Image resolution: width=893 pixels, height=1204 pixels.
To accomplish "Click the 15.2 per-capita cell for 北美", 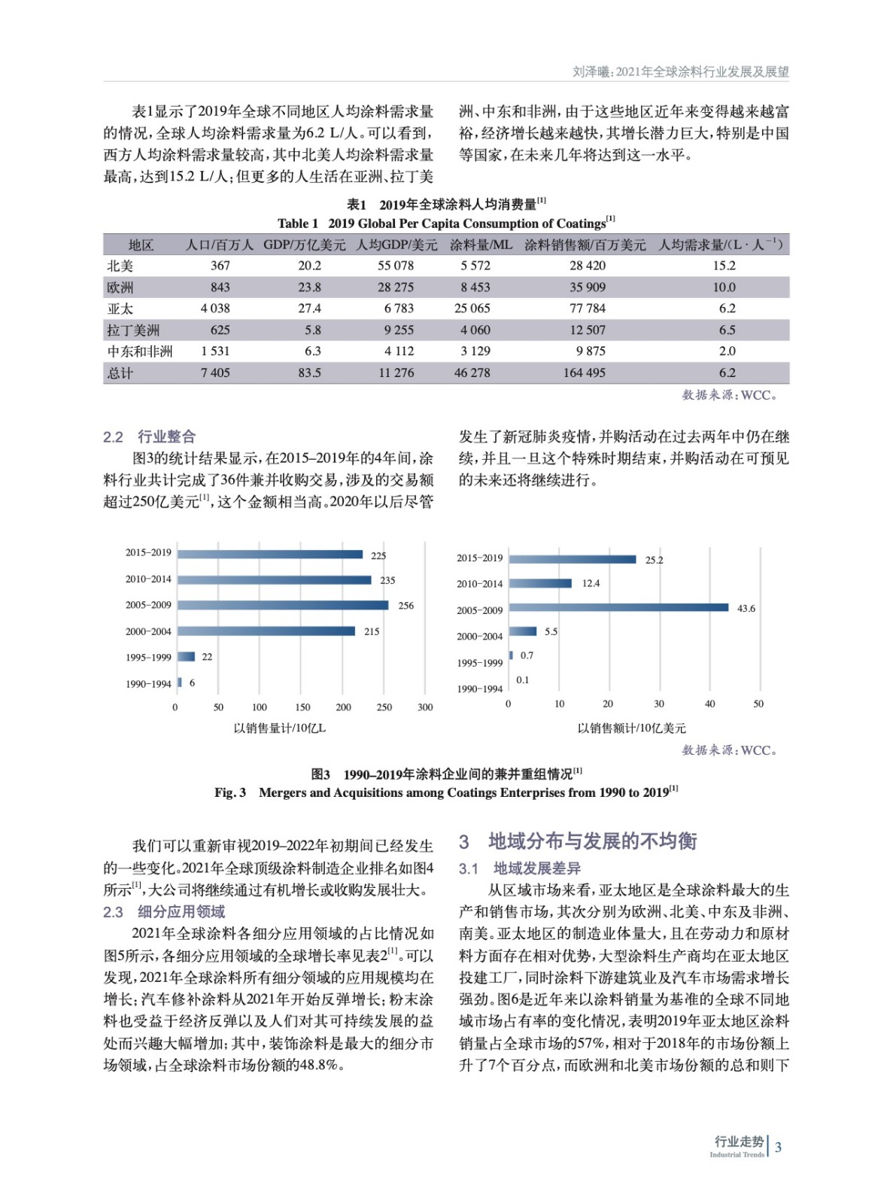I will point(724,266).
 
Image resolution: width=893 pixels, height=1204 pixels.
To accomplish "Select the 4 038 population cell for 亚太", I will point(215,309).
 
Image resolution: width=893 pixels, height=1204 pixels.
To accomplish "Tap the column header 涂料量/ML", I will point(481,245).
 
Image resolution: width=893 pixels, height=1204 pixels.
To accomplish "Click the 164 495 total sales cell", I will point(584,372).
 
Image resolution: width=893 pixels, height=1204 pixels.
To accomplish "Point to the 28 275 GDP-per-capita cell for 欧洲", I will point(396,287).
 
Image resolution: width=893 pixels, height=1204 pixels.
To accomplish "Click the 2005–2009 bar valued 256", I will point(283,605).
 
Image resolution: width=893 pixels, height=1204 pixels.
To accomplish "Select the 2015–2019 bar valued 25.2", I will point(573,559).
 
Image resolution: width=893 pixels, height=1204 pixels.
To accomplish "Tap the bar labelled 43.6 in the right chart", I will point(618,607).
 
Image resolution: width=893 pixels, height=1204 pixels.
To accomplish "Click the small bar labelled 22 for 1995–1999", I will point(187,657).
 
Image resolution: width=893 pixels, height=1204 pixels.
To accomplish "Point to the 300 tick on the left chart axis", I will point(425,707).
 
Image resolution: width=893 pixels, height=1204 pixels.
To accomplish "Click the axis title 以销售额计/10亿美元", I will point(631,728).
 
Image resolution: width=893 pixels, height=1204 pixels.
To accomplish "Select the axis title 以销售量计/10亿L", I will point(279,728).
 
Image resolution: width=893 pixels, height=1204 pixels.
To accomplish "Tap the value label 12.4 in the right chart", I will point(591,583).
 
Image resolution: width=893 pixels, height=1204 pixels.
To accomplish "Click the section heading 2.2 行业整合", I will point(149,436).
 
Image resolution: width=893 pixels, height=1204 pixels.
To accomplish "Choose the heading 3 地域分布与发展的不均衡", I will point(578,841).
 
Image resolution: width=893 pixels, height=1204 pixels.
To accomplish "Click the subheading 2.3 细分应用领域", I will point(164,912).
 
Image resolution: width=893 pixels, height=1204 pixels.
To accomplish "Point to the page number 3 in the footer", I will point(778,1148).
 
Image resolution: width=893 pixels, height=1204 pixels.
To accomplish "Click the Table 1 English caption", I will point(445,223).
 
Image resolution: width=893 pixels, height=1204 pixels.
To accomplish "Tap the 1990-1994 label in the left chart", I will point(148,684).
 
